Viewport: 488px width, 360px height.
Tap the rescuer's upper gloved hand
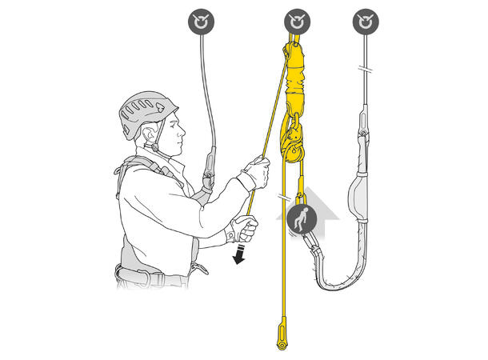[255, 173]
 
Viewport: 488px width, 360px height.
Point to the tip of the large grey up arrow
[307, 186]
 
